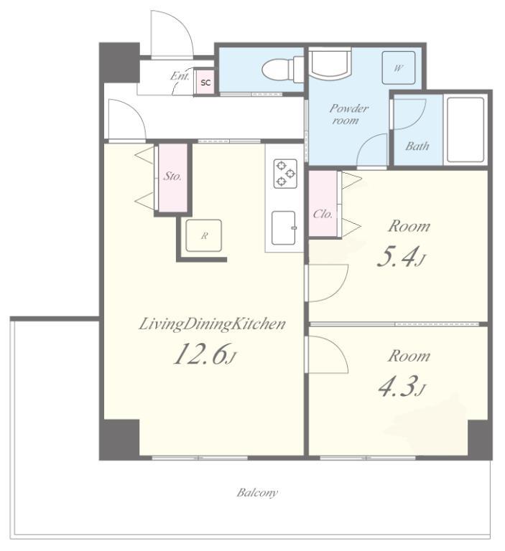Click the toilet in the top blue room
point(283,70)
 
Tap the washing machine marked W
point(399,67)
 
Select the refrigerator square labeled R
point(204,235)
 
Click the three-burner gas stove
point(285,174)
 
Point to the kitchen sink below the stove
point(284,227)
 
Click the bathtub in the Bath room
point(465,129)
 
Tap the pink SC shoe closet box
point(205,82)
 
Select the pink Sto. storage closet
point(172,178)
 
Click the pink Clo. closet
point(323,204)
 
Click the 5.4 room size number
point(401,258)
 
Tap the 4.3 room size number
point(402,386)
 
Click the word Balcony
point(257,493)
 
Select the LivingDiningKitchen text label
point(212,324)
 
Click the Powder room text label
point(348,114)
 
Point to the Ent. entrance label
point(180,75)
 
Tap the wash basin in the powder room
point(330,65)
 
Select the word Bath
point(417,146)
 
